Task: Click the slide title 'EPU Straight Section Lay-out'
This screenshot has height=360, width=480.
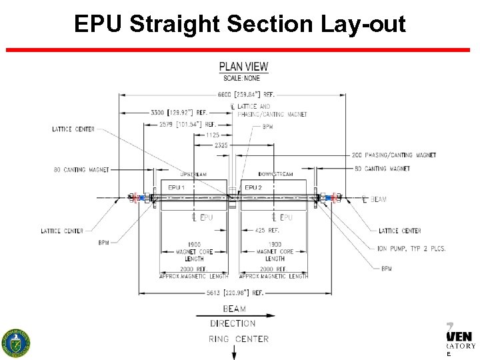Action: click(239, 24)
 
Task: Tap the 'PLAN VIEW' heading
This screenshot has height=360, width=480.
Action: click(244, 67)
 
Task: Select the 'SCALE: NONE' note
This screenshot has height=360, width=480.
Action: click(241, 78)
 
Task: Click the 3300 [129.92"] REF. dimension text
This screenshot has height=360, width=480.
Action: click(183, 113)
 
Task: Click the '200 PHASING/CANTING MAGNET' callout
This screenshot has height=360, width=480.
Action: click(394, 155)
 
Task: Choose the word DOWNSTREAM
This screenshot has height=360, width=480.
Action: click(275, 175)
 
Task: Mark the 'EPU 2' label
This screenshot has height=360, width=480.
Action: click(254, 188)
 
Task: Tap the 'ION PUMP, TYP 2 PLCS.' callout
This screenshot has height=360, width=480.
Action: click(411, 249)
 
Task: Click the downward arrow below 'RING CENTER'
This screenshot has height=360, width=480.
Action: click(234, 353)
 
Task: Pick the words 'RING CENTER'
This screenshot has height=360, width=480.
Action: click(239, 339)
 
